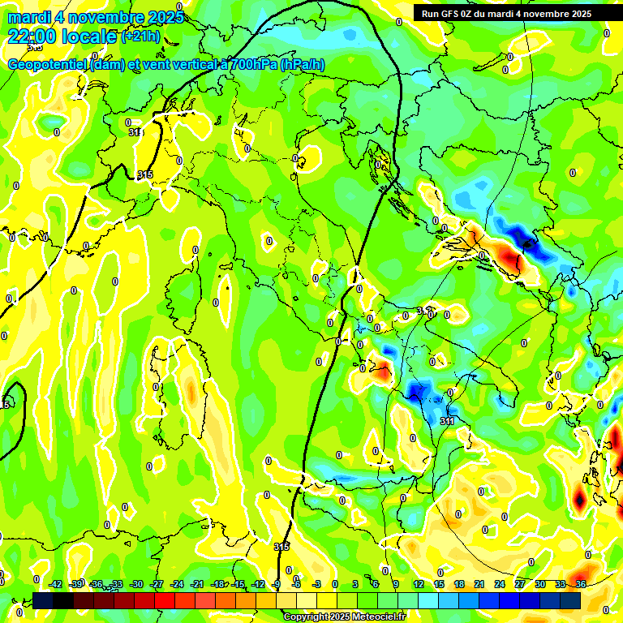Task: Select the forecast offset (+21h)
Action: pos(140,37)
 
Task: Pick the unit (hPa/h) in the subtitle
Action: pos(303,65)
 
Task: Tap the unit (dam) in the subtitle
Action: pos(108,65)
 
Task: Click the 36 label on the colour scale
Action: pos(580,584)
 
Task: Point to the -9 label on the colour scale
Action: pos(277,584)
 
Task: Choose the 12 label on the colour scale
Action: pos(418,584)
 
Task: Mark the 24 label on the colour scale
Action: pos(499,584)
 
